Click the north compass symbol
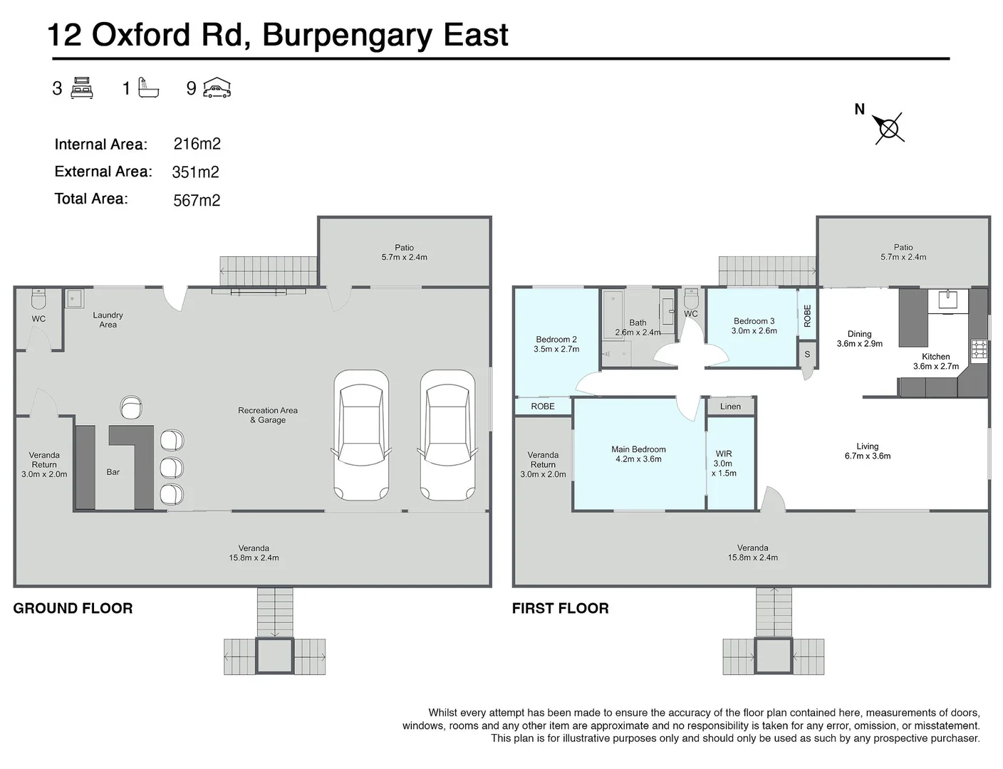(x=889, y=128)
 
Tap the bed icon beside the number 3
(x=82, y=88)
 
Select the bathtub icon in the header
(x=148, y=88)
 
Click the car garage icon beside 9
(x=217, y=88)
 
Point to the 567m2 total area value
(x=197, y=200)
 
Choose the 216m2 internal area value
(x=197, y=144)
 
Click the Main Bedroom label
(x=638, y=449)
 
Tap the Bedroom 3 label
(x=754, y=321)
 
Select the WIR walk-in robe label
(x=724, y=454)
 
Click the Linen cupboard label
(x=730, y=407)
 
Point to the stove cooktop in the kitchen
(x=979, y=350)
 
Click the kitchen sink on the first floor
(x=948, y=299)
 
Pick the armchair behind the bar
(x=131, y=407)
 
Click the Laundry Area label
(x=108, y=320)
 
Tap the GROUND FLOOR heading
(x=73, y=608)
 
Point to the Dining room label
(x=859, y=334)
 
